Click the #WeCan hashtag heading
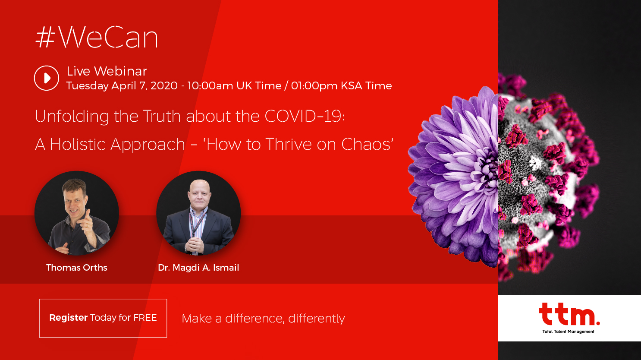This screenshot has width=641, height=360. click(97, 38)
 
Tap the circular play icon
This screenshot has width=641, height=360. click(46, 78)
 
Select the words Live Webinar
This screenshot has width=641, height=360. click(107, 71)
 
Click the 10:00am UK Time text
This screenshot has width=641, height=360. click(234, 85)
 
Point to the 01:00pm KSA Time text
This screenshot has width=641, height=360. click(341, 85)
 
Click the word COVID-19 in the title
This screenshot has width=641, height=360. click(305, 116)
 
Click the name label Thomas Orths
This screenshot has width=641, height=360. click(77, 268)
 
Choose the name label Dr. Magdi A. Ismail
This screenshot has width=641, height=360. click(198, 268)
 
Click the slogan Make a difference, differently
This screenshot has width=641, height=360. click(263, 319)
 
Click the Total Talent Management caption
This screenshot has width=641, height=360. click(568, 332)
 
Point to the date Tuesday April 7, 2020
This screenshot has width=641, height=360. click(122, 85)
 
